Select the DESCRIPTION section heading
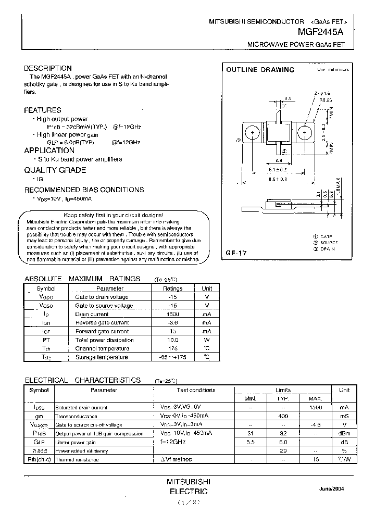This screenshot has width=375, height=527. coord(48,68)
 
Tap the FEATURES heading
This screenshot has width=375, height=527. coord(43,110)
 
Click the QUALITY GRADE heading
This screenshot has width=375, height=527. coord(55,170)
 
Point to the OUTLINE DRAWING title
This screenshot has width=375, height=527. coord(260,70)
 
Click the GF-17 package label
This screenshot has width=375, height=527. coord(236,253)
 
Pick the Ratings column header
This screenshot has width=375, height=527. coord(173,288)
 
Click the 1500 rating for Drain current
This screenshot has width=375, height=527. coord(173,315)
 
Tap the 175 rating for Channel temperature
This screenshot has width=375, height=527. coord(173,348)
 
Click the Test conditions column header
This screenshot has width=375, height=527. coord(195,390)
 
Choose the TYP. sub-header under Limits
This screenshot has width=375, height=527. coord(283,399)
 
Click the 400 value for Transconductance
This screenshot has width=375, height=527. coord(283,417)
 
